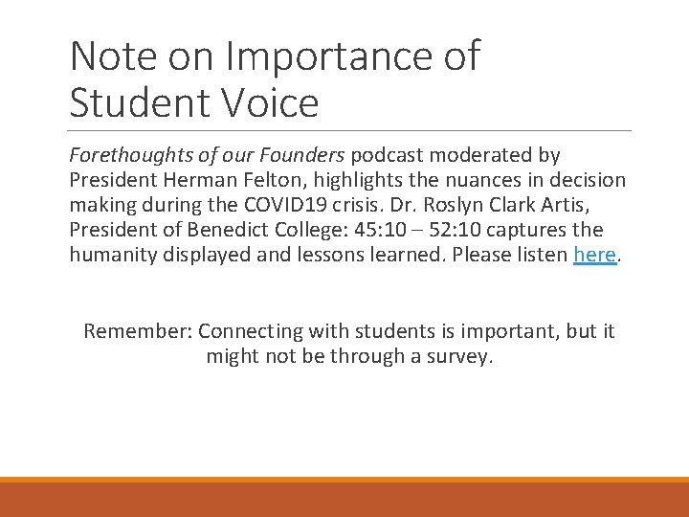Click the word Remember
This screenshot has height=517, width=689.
[x=138, y=331]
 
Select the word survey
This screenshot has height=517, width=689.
[x=458, y=356]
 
